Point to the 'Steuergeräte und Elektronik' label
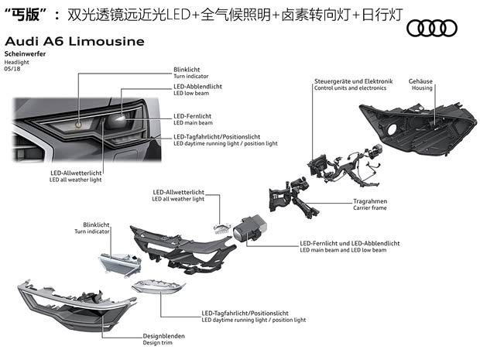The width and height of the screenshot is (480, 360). pos(354,81)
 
